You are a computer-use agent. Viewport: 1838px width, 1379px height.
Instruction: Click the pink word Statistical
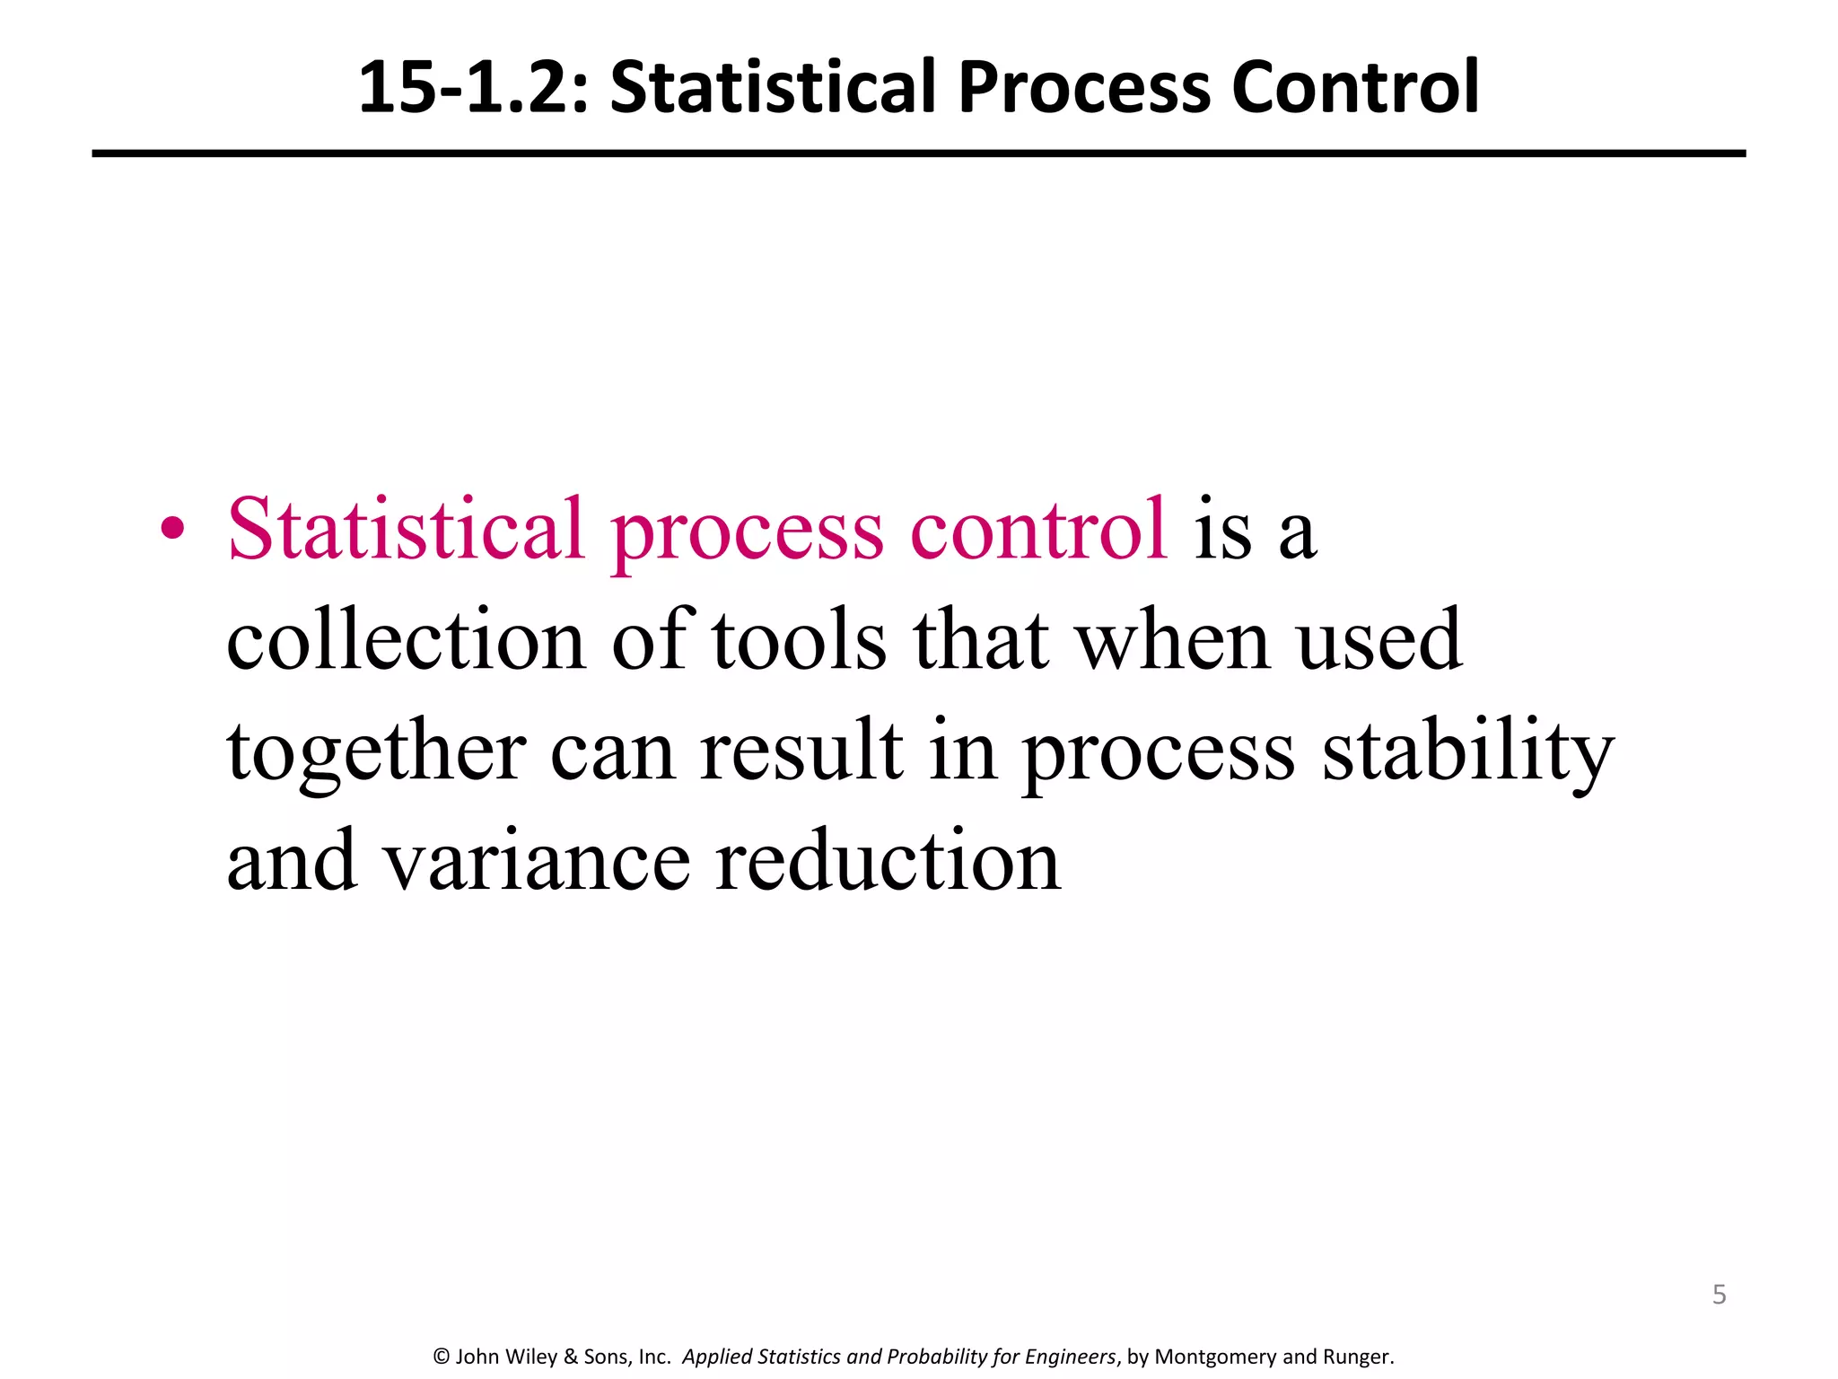[406, 530]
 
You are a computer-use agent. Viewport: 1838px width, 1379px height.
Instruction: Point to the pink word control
[1038, 530]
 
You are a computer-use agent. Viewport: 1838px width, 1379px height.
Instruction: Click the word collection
[406, 640]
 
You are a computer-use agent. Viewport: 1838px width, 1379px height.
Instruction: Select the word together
[376, 751]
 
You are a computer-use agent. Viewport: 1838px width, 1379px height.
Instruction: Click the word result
[801, 751]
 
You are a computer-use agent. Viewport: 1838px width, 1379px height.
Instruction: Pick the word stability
[1468, 751]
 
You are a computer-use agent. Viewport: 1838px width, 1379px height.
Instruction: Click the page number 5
[1719, 1295]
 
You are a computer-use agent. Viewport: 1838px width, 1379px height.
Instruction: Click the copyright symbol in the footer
[441, 1357]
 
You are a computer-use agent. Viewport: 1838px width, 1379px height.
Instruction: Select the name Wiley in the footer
[532, 1357]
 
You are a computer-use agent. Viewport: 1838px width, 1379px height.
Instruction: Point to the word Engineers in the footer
[1070, 1357]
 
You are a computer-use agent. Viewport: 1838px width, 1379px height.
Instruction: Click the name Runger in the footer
[1356, 1357]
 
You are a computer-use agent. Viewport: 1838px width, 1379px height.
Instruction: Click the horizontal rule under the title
[918, 154]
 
